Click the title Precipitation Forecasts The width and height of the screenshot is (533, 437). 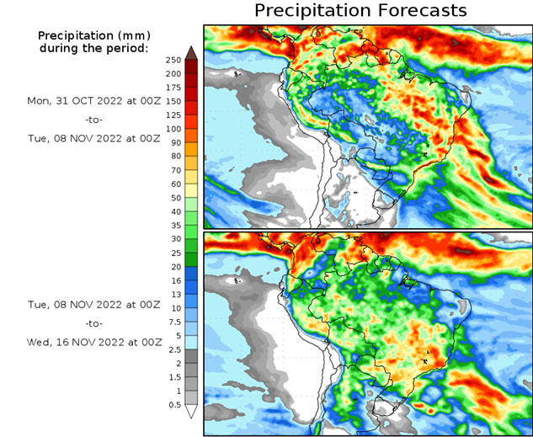[x=360, y=11]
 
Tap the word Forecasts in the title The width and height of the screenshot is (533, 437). [x=419, y=11]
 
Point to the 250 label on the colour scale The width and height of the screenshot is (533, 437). [x=173, y=61]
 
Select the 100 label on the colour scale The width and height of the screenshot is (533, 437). [x=173, y=129]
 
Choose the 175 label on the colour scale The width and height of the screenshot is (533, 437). [x=173, y=88]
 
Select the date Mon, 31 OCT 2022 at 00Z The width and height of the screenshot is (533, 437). [x=93, y=100]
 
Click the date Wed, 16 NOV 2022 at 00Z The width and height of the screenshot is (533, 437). [x=93, y=342]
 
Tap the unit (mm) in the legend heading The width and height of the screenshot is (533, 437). [x=127, y=35]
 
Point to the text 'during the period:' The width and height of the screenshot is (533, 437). [x=93, y=48]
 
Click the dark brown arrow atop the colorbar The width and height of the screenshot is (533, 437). [x=191, y=53]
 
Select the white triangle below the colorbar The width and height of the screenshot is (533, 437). [x=191, y=412]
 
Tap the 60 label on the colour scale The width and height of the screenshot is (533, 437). [x=173, y=184]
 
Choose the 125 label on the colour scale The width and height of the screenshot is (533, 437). [x=173, y=115]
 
